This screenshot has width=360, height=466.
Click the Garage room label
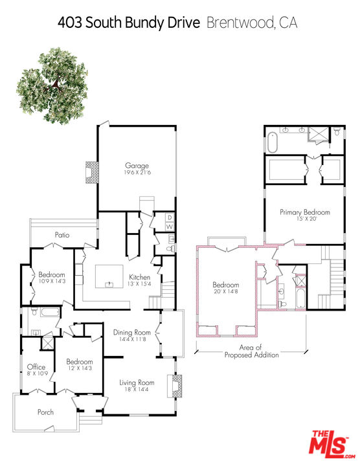137,166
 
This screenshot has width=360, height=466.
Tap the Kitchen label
140,277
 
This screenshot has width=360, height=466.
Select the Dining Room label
132,332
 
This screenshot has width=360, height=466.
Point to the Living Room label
137,383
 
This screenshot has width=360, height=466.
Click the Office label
36,367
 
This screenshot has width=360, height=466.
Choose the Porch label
45,412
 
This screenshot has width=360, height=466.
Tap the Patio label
62,235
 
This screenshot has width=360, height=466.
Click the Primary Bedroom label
305,212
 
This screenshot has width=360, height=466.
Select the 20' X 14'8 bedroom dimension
226,291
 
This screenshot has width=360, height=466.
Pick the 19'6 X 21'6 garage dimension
137,172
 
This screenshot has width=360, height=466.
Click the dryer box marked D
170,217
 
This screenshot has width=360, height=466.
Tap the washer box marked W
170,227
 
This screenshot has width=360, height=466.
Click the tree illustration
52,85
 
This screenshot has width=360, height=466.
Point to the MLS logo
332,445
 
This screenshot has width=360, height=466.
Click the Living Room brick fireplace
175,386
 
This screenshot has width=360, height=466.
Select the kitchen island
109,276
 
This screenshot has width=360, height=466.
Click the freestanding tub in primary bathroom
273,142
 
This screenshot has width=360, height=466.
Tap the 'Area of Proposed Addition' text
251,351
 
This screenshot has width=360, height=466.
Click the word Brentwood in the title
240,23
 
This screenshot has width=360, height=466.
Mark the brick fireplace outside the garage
91,172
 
